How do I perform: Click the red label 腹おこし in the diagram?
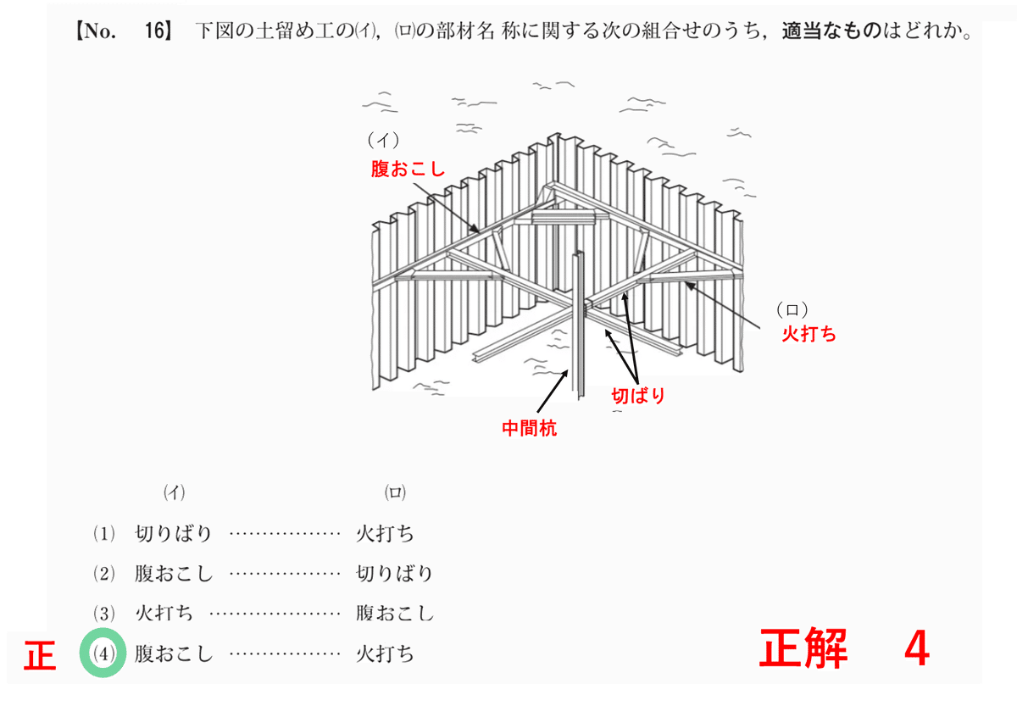[408, 169]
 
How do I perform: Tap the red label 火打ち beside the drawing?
[809, 334]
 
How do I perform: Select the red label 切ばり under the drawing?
[638, 395]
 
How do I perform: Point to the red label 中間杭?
[529, 429]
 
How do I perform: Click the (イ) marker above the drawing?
[383, 138]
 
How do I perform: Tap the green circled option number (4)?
[103, 654]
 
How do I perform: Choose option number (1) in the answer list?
[103, 534]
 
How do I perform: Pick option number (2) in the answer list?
[103, 574]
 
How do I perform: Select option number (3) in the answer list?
[103, 614]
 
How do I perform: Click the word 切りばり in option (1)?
[174, 534]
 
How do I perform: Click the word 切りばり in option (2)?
[394, 574]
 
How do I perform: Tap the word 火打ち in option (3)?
[164, 614]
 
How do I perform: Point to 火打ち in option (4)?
[386, 654]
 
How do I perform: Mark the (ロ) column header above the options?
[395, 492]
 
